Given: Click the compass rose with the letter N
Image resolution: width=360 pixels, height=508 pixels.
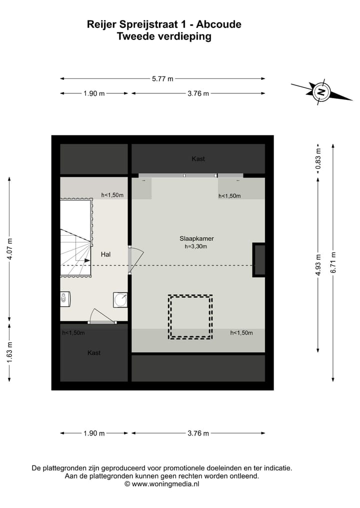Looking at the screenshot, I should pyautogui.click(x=321, y=91).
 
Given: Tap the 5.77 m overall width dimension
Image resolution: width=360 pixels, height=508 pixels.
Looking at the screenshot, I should pyautogui.click(x=163, y=78).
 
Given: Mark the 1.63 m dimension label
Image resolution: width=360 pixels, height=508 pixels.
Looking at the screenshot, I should pyautogui.click(x=9, y=352).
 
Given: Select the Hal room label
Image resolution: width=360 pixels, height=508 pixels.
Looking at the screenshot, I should pyautogui.click(x=105, y=254).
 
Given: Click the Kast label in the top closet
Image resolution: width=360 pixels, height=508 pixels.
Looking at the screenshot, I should pyautogui.click(x=198, y=159).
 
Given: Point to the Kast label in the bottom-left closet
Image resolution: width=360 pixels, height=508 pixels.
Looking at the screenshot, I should pyautogui.click(x=94, y=353).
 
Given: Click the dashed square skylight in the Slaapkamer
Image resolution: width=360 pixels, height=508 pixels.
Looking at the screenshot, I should pyautogui.click(x=190, y=317).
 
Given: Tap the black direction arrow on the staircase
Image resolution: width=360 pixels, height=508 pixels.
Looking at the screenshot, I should pyautogui.click(x=87, y=260).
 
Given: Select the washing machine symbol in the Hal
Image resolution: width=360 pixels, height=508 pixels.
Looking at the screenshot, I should pyautogui.click(x=120, y=299).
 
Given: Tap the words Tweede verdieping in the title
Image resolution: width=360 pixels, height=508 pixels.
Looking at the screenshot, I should pyautogui.click(x=163, y=36).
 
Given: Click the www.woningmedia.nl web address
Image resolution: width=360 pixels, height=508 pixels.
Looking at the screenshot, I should pyautogui.click(x=165, y=484).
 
